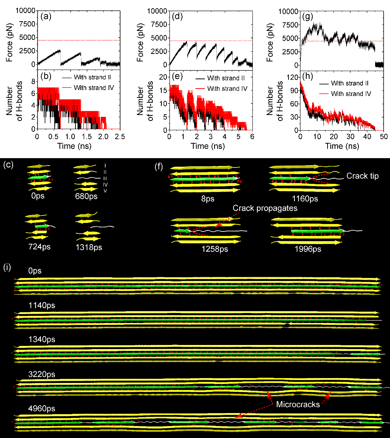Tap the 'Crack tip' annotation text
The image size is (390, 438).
[362, 176]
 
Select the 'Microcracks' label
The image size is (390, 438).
[298, 404]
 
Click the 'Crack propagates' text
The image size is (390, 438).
[265, 208]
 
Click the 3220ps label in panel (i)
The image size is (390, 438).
[42, 374]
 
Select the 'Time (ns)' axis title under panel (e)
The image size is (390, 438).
[208, 146]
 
